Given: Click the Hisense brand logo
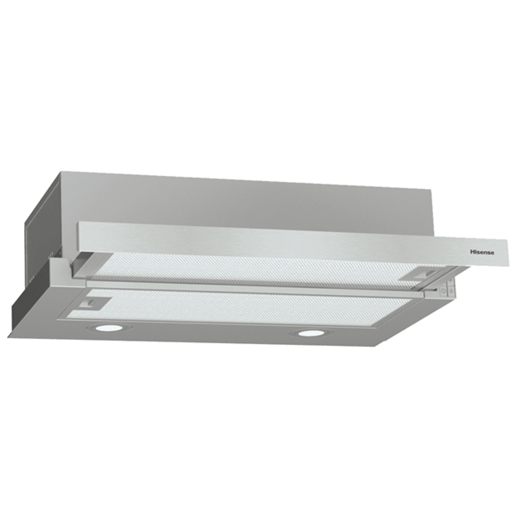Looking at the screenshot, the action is coord(482,252).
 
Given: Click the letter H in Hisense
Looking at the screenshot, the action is coord(472,252).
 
